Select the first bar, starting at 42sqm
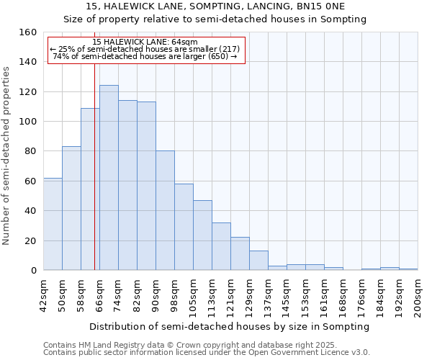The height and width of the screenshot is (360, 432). [53, 224]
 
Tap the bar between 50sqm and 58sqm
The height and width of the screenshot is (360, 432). [71, 208]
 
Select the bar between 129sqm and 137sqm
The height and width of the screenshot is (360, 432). [258, 261]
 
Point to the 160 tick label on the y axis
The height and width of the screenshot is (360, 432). [27, 32]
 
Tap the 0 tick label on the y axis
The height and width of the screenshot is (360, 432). [33, 271]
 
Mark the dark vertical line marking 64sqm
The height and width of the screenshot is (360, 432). [94, 180]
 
